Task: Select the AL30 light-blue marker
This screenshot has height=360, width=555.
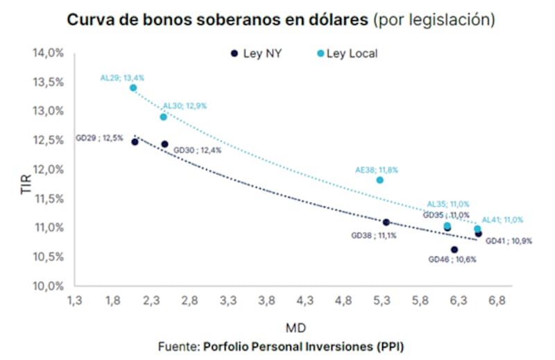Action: click(164, 117)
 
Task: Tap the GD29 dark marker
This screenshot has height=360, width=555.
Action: click(135, 142)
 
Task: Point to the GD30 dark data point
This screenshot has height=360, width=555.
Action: click(164, 144)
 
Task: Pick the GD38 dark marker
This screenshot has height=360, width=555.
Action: click(386, 222)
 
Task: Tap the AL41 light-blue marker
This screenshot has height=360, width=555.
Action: click(477, 229)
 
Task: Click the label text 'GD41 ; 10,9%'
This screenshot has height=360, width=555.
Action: click(509, 241)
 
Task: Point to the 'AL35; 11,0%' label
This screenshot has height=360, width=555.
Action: click(448, 204)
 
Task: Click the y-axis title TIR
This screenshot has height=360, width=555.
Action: click(26, 182)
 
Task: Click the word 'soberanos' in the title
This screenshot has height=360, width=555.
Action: click(233, 19)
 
